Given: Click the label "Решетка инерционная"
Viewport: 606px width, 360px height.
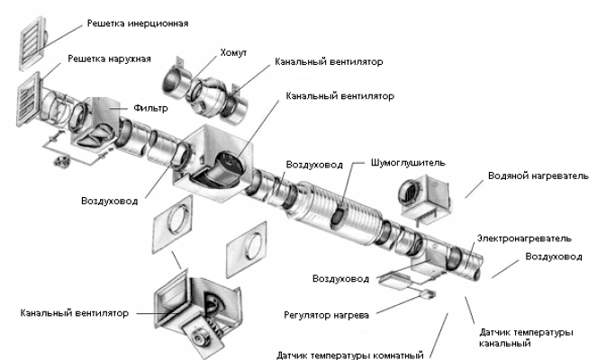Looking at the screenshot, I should [137, 20].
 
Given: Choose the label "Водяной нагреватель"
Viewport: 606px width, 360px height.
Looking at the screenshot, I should [538, 175].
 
